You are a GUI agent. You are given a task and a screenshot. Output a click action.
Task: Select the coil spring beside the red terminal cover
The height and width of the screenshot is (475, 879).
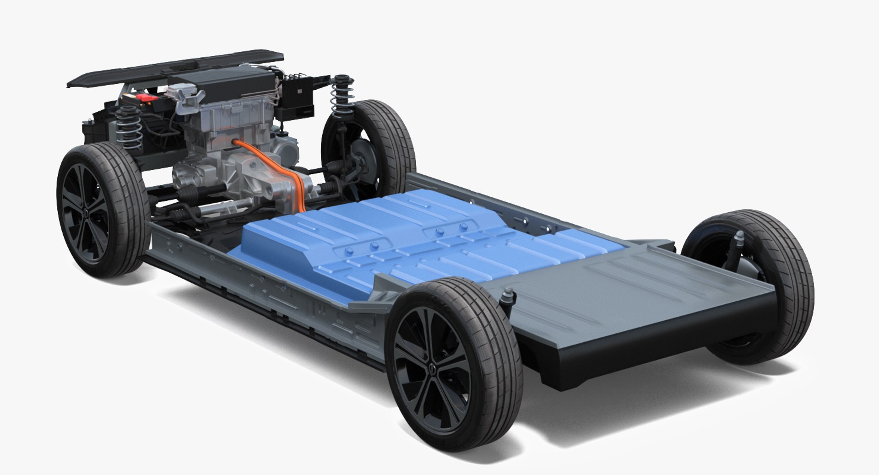click(x=129, y=128)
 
